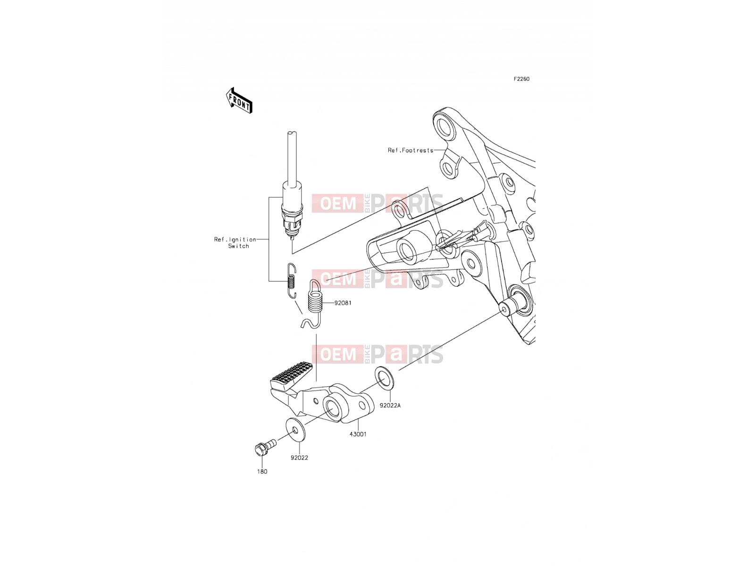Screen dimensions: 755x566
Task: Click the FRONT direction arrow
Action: click(239, 100)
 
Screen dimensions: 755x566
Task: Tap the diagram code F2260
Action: click(521, 79)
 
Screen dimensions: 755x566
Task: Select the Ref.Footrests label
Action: click(411, 150)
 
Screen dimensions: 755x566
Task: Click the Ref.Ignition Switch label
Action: click(235, 242)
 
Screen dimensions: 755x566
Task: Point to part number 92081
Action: click(343, 303)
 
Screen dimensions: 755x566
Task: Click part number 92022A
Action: click(390, 406)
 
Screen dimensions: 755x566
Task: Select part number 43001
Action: click(358, 434)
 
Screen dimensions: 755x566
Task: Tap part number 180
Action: click(262, 472)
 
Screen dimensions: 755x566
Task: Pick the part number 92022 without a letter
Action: click(299, 458)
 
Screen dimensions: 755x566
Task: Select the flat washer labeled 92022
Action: click(295, 429)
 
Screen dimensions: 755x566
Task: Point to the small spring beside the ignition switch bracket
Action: click(292, 281)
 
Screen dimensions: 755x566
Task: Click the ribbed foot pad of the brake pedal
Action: click(291, 375)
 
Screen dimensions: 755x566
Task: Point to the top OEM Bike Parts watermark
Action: click(377, 203)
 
